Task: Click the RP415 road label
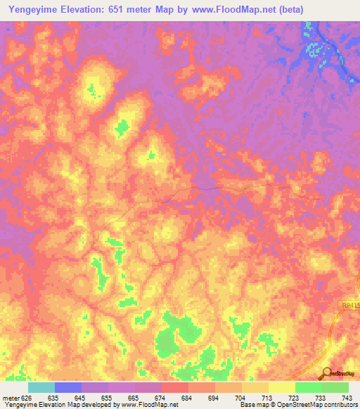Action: [347, 306]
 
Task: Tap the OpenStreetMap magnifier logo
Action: [326, 373]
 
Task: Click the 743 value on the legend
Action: [347, 397]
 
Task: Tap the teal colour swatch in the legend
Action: [41, 387]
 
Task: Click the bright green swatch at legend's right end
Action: [335, 387]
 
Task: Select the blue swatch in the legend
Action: [68, 387]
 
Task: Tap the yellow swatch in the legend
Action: [281, 387]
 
